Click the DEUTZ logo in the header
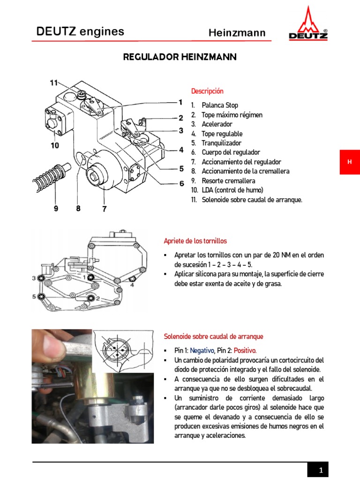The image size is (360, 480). (307, 24)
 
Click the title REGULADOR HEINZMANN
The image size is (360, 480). (180, 57)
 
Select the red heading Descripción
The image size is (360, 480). (207, 91)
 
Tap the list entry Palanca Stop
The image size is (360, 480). (219, 105)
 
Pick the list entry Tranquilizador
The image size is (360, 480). (221, 143)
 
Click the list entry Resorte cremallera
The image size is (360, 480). (228, 180)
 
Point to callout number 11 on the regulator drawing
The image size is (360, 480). (54, 83)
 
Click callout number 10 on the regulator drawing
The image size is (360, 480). (55, 145)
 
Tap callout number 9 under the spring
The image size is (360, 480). (56, 209)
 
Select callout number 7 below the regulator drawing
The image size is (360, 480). (104, 209)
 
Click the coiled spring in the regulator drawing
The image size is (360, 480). (52, 175)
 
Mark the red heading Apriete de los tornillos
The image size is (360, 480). (195, 241)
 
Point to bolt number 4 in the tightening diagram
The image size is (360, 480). (132, 280)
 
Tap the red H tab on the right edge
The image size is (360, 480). (349, 162)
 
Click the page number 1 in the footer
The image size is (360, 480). (321, 470)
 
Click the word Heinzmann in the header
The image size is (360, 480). (237, 33)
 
